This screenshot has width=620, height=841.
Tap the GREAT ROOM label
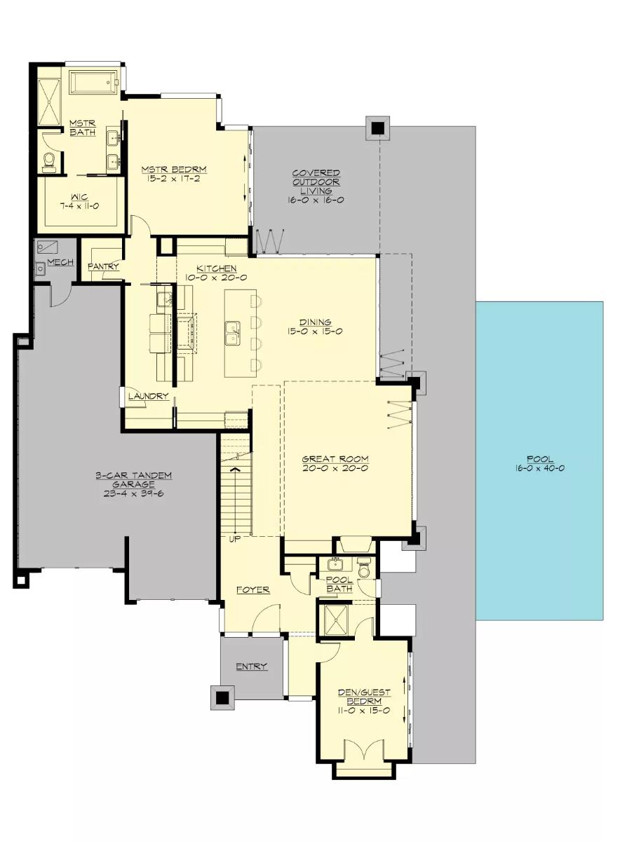click(x=335, y=460)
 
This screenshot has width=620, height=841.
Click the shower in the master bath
click(x=49, y=101)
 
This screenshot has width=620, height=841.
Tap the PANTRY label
click(x=103, y=267)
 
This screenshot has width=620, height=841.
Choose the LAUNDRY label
click(x=148, y=396)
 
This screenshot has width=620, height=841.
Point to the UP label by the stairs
click(x=235, y=539)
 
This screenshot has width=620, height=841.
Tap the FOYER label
click(x=252, y=590)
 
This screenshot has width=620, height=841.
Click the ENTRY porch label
click(x=251, y=666)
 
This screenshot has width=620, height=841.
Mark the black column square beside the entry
click(x=222, y=698)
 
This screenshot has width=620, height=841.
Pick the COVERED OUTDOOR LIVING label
click(x=316, y=182)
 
